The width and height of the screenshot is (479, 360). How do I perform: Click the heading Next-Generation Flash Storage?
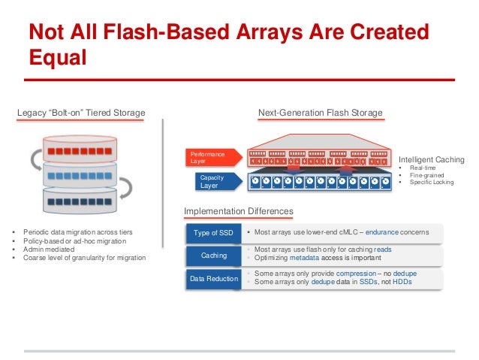pos(320,113)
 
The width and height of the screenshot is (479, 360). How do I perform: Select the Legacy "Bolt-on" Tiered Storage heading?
pos(81,113)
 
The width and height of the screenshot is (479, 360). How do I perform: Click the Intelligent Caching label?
pos(431,159)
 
